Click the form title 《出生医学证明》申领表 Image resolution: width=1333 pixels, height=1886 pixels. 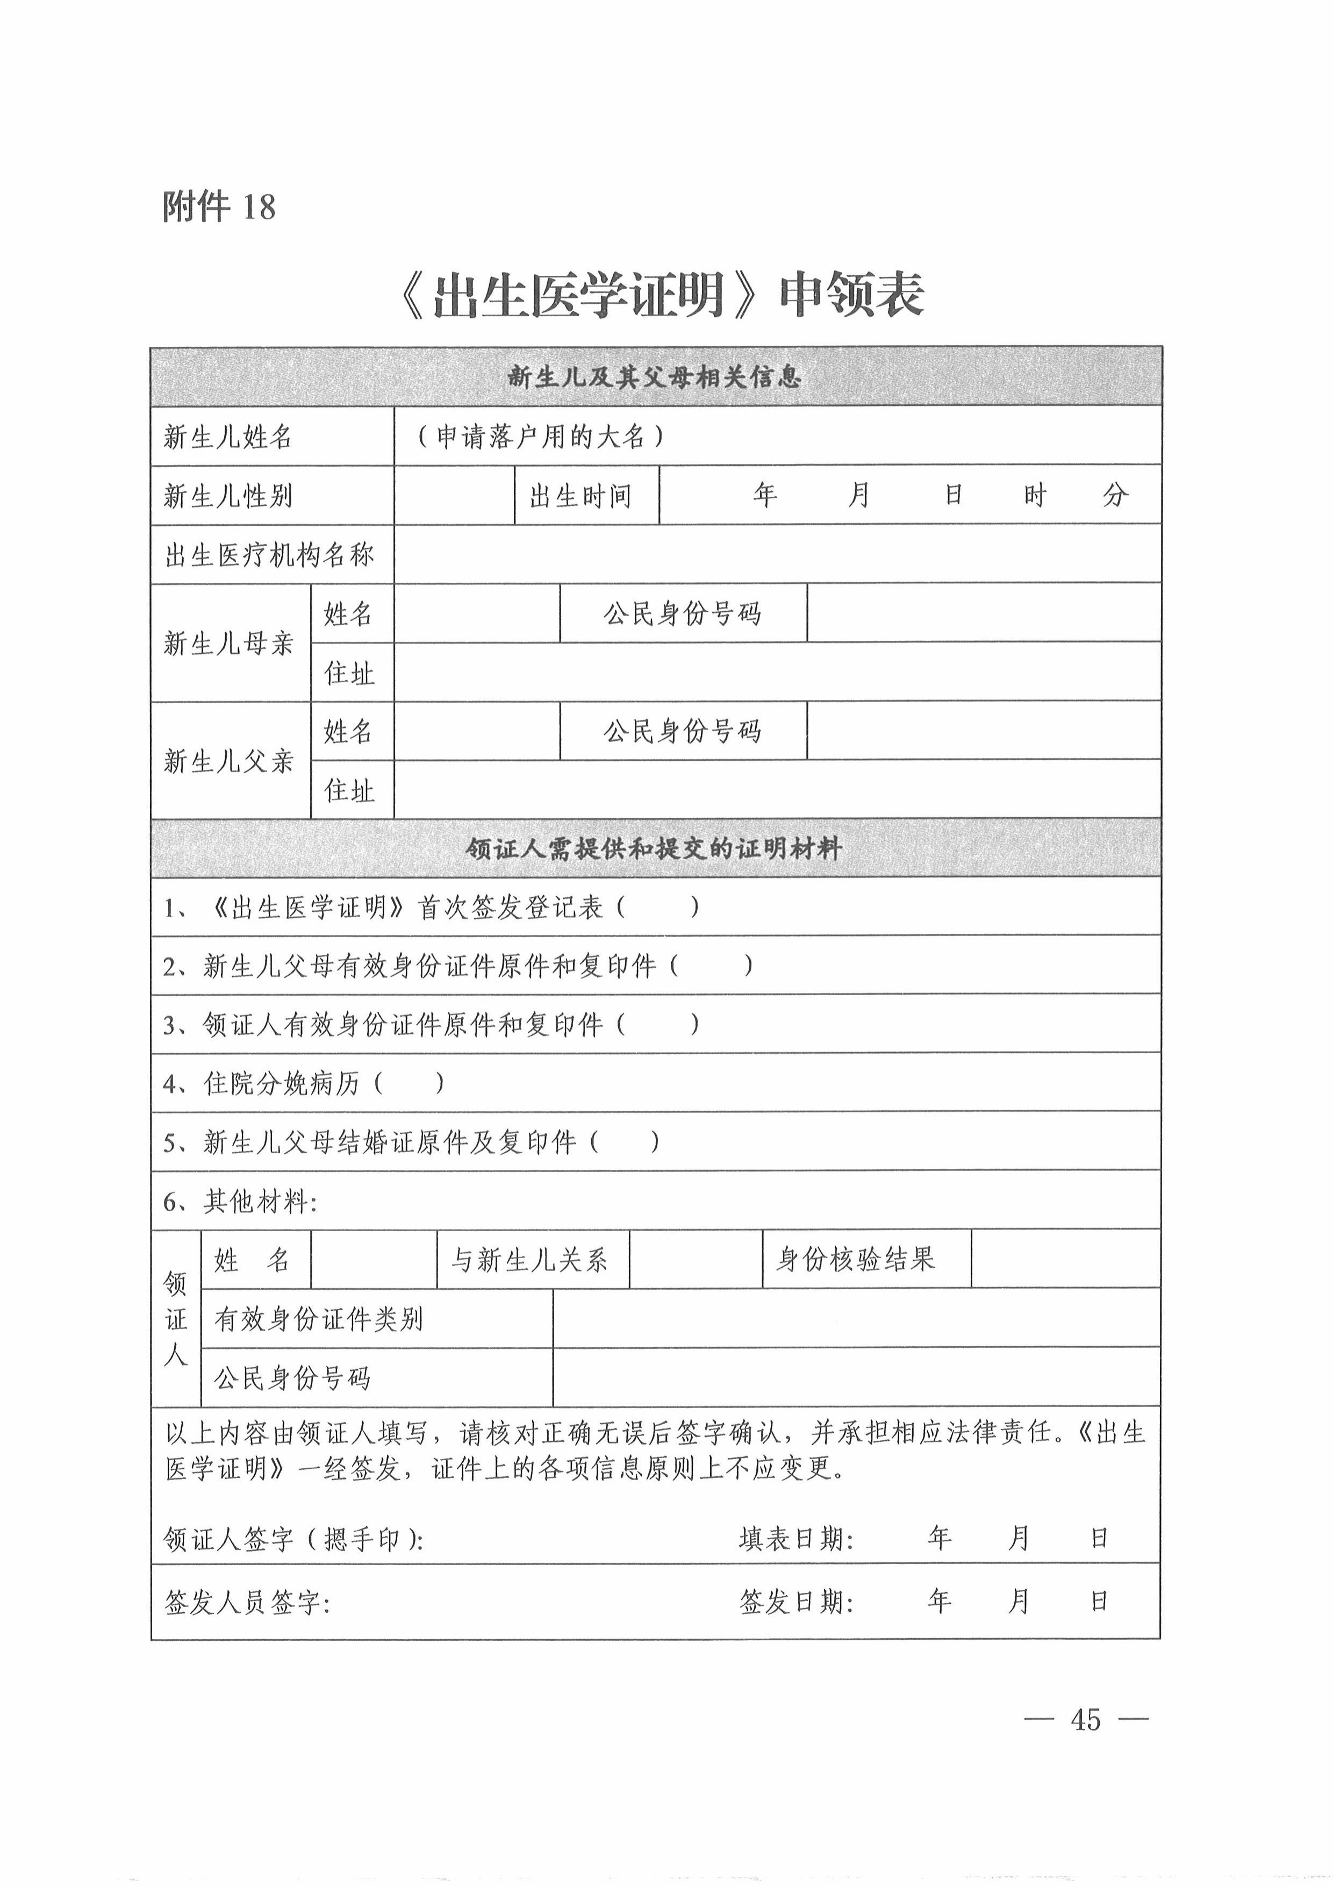click(x=661, y=295)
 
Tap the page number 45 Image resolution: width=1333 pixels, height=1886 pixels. click(x=1085, y=1719)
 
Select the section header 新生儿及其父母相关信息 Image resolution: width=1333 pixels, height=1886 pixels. click(x=655, y=377)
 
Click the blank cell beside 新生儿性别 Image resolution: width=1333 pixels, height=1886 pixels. click(x=454, y=495)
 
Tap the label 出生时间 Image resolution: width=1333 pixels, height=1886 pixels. click(x=580, y=495)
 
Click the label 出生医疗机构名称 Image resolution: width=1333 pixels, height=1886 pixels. click(x=269, y=554)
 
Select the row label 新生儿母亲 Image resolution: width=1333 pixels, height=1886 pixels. click(x=228, y=643)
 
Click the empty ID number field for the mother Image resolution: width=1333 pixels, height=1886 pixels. click(x=983, y=613)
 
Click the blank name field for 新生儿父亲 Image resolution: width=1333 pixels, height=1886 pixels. click(x=476, y=730)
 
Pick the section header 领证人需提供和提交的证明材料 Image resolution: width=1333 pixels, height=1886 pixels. click(x=655, y=848)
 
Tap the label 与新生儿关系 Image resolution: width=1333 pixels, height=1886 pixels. click(x=530, y=1259)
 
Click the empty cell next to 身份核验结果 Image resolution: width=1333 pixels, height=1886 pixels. click(x=1065, y=1259)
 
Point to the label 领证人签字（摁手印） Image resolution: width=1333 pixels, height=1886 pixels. click(x=293, y=1539)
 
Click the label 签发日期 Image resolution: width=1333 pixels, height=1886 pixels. click(x=797, y=1601)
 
